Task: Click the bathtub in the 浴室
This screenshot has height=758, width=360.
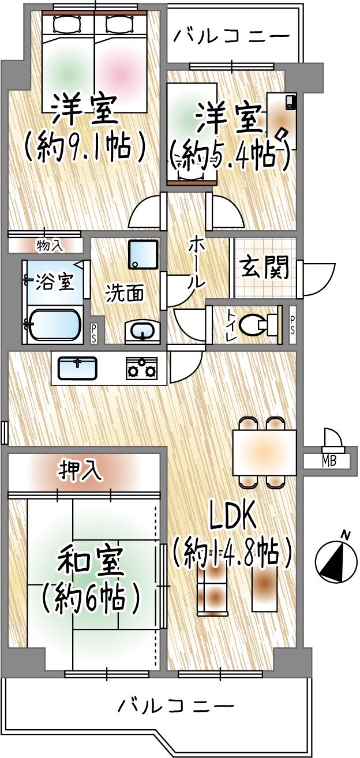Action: (54, 325)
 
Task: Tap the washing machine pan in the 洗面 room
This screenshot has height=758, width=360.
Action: (142, 254)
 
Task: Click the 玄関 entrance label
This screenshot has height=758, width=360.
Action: (265, 268)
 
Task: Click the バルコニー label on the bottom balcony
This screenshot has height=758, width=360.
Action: (176, 705)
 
